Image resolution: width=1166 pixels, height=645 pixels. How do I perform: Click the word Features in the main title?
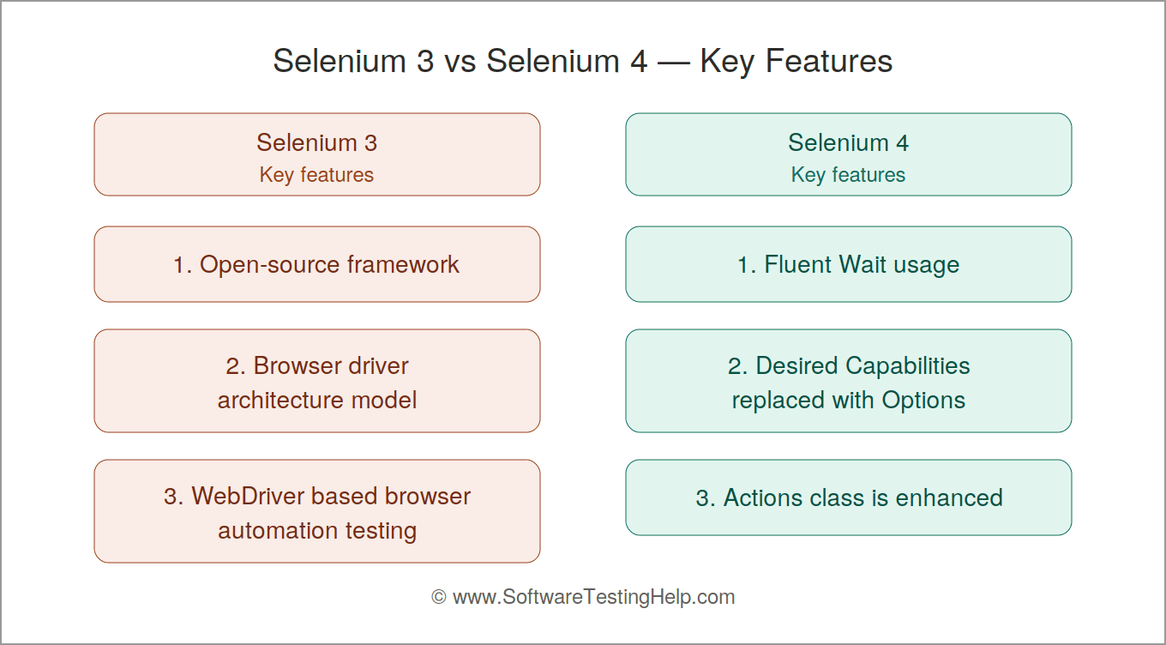[829, 61]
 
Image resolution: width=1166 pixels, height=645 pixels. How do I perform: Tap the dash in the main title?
[674, 63]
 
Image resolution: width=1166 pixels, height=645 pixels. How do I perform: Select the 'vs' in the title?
[460, 62]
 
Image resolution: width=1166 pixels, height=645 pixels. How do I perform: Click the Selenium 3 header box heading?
[316, 142]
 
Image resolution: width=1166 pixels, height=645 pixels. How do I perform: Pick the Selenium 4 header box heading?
[849, 142]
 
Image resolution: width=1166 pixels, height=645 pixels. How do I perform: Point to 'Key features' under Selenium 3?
[316, 175]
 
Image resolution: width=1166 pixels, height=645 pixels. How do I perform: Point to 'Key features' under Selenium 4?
[849, 175]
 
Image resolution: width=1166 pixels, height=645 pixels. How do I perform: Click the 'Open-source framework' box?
[317, 264]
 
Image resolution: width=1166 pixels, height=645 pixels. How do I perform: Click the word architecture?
[280, 401]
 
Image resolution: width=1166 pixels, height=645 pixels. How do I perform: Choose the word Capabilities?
[907, 365]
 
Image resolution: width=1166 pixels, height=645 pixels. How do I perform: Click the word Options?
[923, 401]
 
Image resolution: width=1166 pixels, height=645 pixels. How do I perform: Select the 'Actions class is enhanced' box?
[849, 497]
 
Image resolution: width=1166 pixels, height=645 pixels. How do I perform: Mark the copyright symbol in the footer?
[439, 597]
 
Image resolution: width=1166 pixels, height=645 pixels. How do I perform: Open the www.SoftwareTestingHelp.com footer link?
[594, 597]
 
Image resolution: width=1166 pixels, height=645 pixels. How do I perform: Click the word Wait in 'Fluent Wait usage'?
[862, 264]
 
